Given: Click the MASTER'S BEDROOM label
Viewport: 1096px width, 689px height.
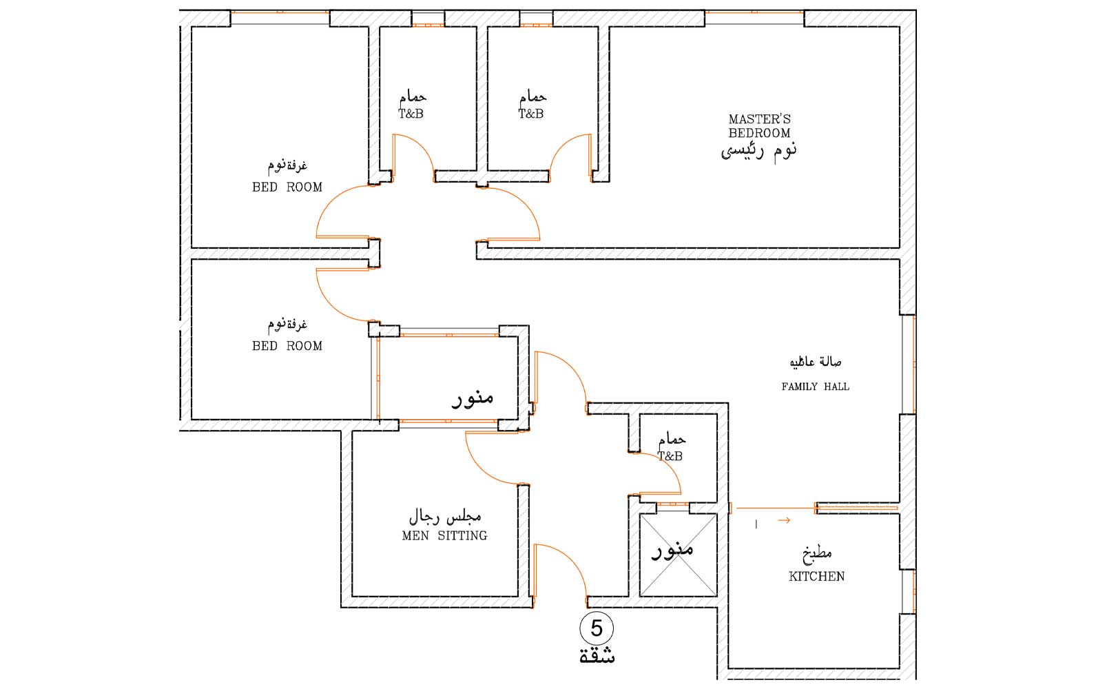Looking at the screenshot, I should [759, 126].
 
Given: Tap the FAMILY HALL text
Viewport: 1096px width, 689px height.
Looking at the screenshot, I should [815, 387].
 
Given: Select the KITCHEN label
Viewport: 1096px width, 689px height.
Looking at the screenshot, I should [816, 577].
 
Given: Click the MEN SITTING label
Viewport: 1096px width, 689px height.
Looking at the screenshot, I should [444, 536].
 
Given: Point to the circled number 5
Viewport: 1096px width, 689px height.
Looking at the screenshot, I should [597, 628].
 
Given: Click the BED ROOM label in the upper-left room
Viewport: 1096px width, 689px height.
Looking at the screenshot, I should [287, 187].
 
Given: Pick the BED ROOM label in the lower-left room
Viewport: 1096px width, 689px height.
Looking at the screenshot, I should [287, 347].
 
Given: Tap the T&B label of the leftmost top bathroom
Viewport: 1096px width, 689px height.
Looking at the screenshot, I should [411, 114].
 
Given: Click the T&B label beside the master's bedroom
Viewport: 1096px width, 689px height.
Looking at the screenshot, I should [530, 114].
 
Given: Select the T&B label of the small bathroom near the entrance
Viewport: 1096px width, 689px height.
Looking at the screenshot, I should [670, 457].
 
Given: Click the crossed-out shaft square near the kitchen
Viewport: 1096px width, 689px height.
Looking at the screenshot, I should [678, 555].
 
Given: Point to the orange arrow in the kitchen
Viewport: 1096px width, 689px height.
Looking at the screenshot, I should [784, 521].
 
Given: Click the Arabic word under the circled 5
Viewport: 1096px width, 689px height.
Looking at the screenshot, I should [597, 657].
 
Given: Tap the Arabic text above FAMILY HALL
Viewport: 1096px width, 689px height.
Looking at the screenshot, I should [815, 362].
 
